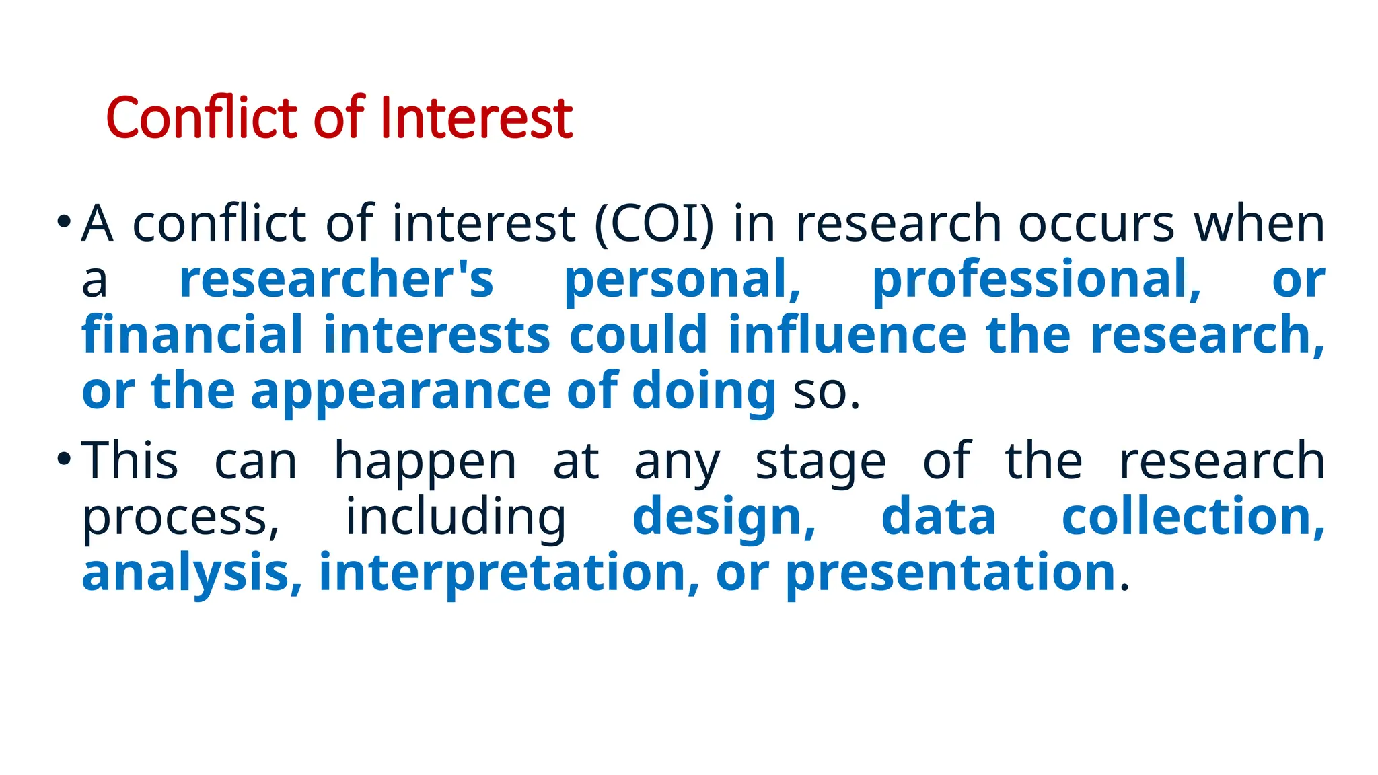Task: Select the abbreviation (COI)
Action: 654,223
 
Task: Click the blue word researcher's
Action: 336,279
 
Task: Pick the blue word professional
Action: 1036,279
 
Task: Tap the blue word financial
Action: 192,335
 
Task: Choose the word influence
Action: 847,335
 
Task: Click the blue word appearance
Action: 401,391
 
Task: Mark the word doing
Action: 704,391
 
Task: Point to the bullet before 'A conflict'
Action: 64,221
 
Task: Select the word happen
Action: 425,462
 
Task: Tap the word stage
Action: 820,462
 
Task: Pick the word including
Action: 456,517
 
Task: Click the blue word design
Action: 724,517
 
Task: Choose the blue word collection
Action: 1193,517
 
